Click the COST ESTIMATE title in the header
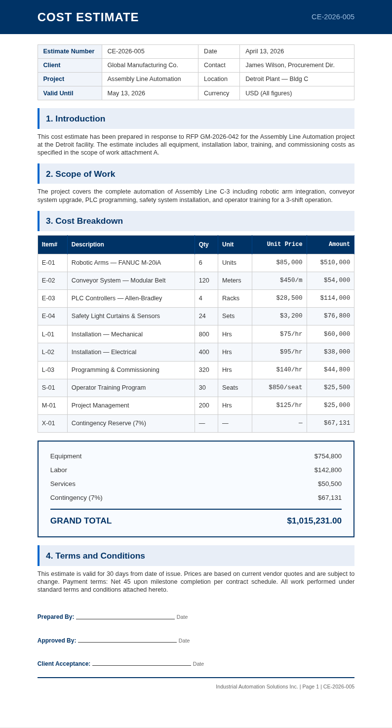pos(88,17)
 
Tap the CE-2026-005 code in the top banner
pos(333,17)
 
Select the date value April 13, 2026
pos(265,51)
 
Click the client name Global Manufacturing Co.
pos(143,65)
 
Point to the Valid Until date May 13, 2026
pos(126,93)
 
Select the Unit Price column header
pos(284,244)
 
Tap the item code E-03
pos(48,298)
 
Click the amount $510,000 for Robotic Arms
pos(335,263)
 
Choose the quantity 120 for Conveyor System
pos(204,281)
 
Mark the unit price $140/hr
pos(289,369)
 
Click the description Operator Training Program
pos(109,388)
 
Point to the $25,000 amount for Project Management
pos(337,405)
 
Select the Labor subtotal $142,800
pos(328,470)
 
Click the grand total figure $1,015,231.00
pos(314,521)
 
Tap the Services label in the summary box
pos(63,484)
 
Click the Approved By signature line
pos(127,640)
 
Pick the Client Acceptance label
pos(64,664)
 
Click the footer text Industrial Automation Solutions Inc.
pos(257,687)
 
